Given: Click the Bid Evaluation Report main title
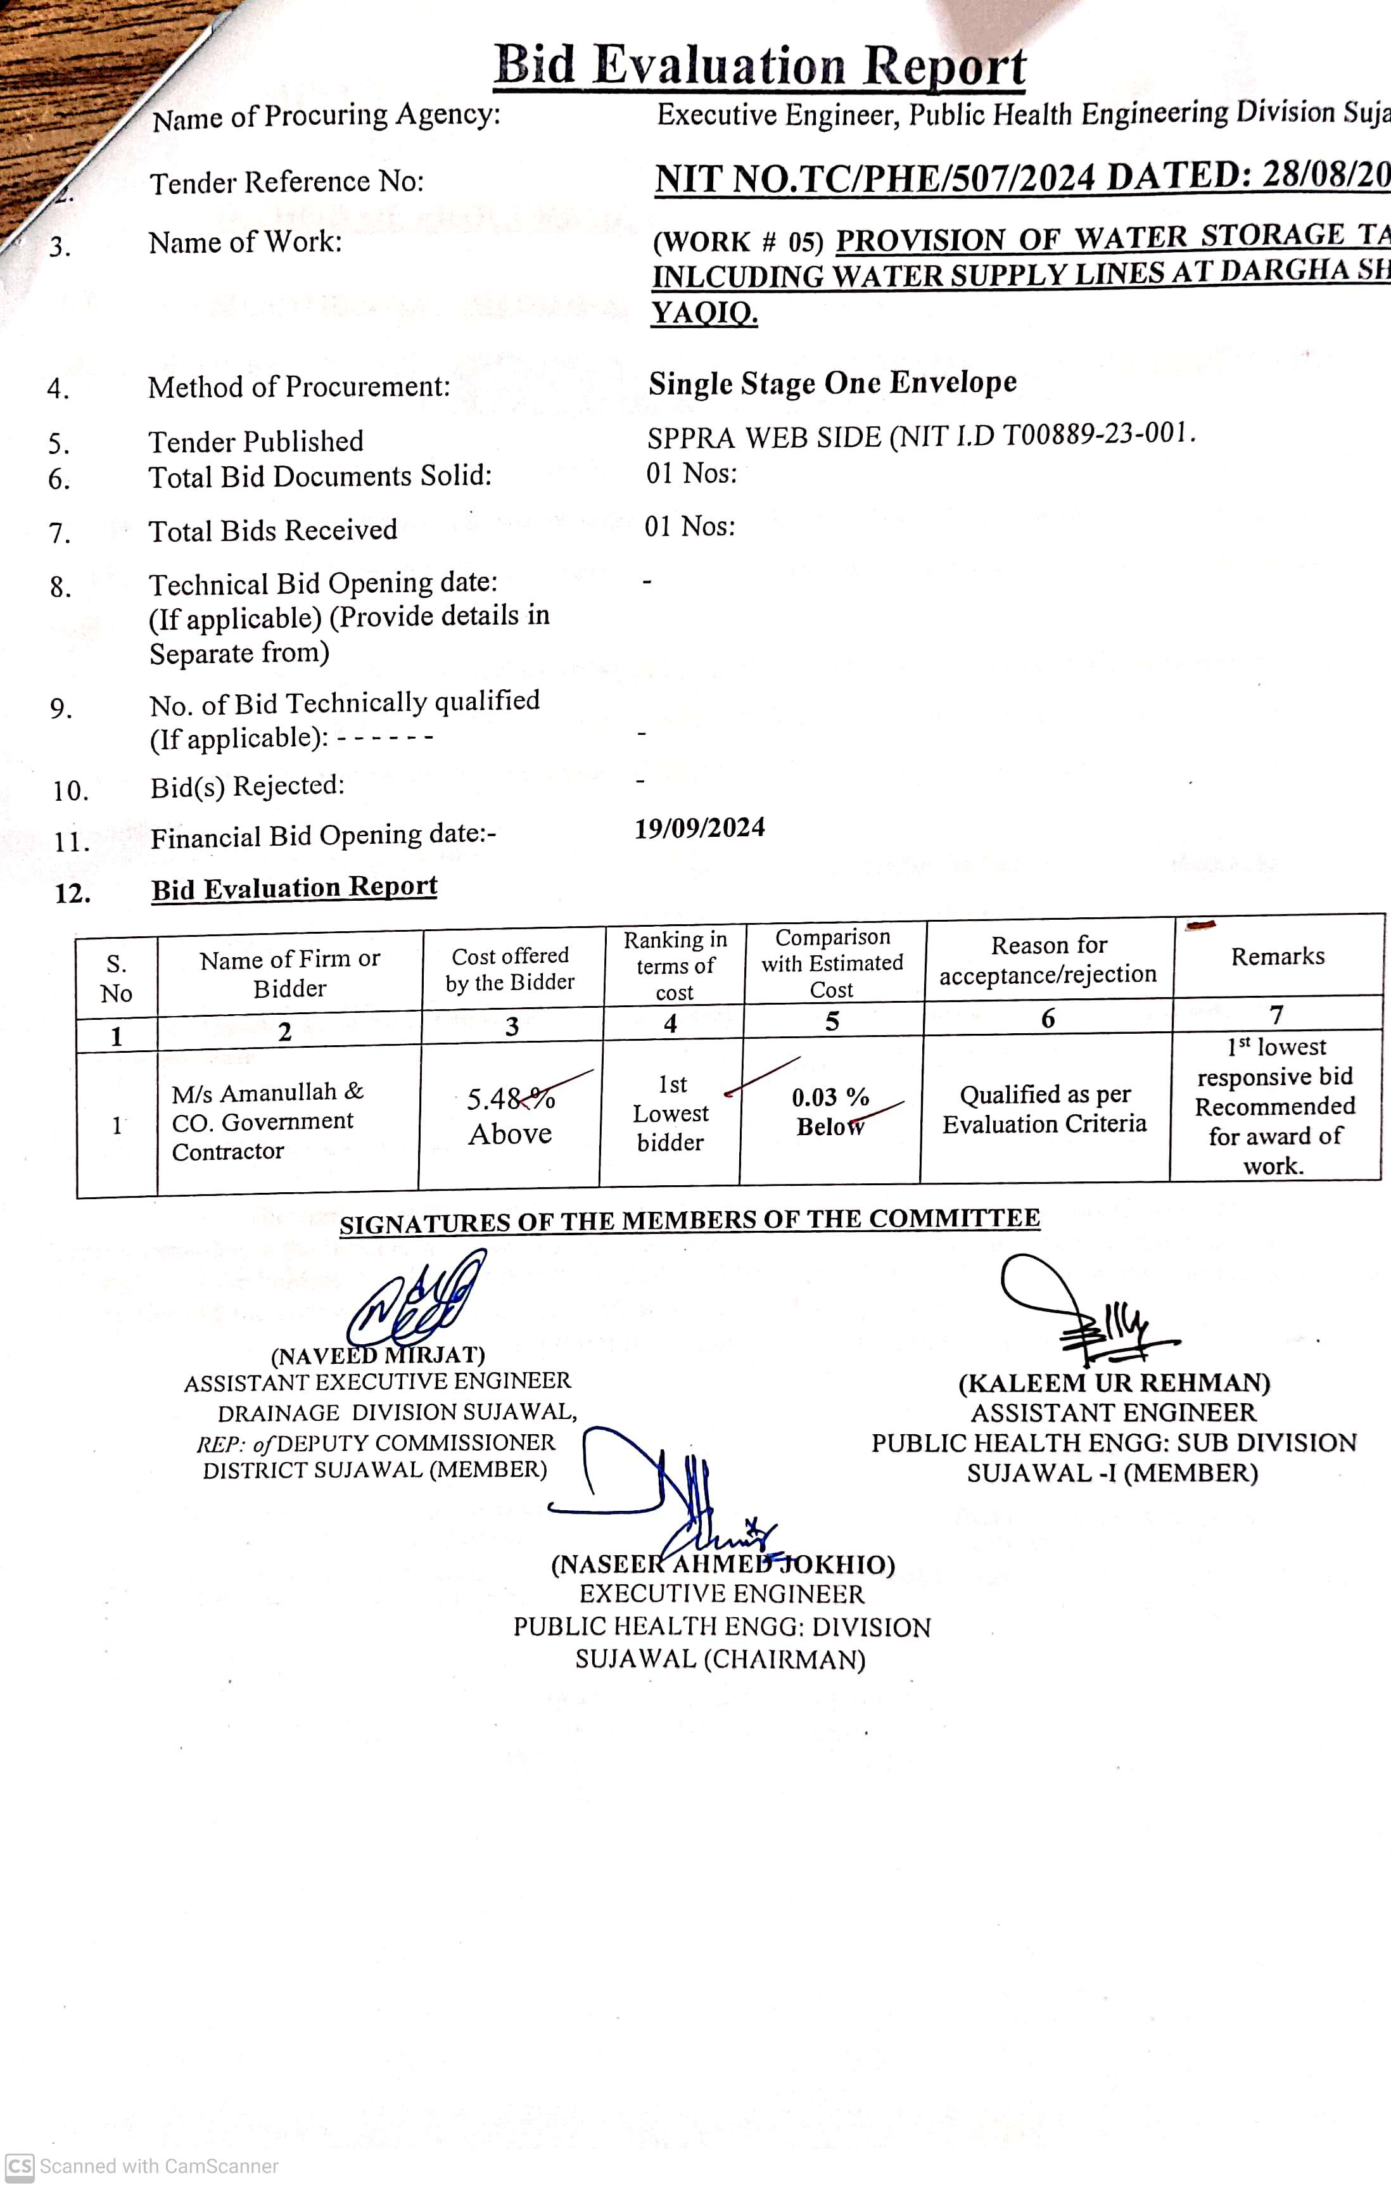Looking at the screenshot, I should pyautogui.click(x=759, y=65).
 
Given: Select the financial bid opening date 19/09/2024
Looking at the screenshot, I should pyautogui.click(x=699, y=828).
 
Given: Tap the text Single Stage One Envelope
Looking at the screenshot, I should pyautogui.click(x=832, y=383).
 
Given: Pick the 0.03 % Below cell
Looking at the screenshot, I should pyautogui.click(x=830, y=1111).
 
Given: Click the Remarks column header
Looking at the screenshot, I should pyautogui.click(x=1278, y=956).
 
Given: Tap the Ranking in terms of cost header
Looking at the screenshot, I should pyautogui.click(x=674, y=965).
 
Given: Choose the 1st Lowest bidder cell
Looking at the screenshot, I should pyautogui.click(x=671, y=1113).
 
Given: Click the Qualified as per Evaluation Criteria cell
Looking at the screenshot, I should pyautogui.click(x=1045, y=1109).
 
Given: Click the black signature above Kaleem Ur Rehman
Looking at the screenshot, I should pyautogui.click(x=1081, y=1309).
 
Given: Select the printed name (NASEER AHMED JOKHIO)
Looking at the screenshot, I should pyautogui.click(x=722, y=1565).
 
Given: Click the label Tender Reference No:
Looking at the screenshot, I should pyautogui.click(x=287, y=182).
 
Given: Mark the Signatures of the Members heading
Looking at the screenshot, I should pyautogui.click(x=690, y=1220).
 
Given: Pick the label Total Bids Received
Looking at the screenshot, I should pyautogui.click(x=272, y=530).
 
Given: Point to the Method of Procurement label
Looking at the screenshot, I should pyautogui.click(x=299, y=387).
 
